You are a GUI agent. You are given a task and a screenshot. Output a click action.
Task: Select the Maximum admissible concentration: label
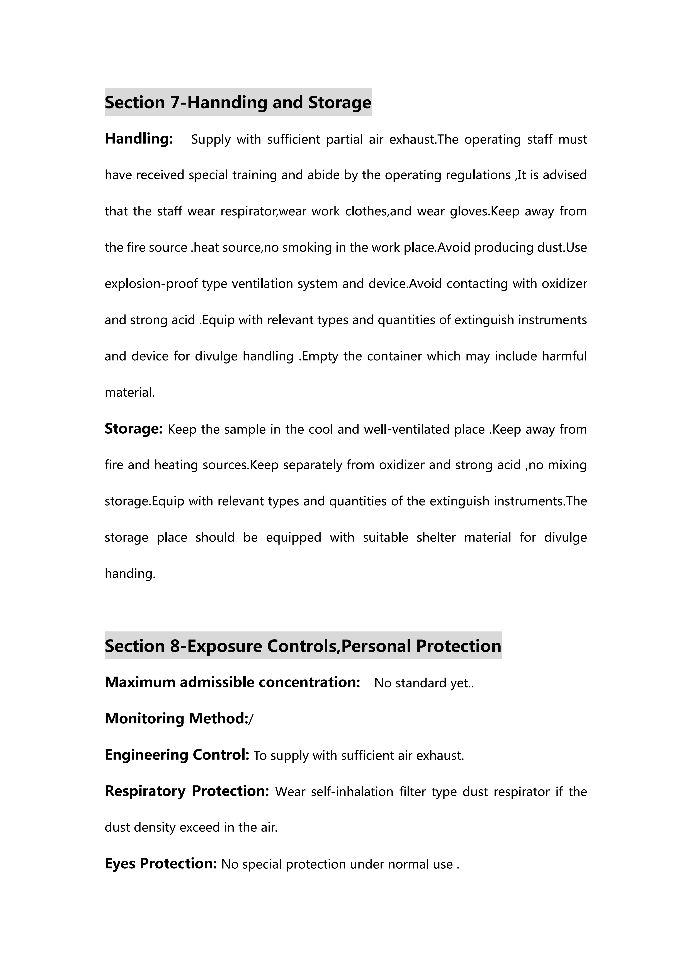[x=233, y=682]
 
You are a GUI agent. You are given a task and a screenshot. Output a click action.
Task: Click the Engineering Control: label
[x=177, y=755]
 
